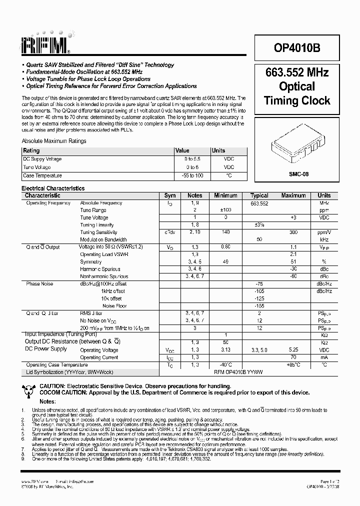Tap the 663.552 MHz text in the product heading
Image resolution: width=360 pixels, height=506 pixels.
[x=297, y=72]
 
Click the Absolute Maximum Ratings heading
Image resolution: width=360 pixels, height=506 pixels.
[x=54, y=141]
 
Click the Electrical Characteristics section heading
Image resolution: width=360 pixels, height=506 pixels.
[x=53, y=188]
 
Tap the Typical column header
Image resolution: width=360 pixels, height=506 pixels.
[x=259, y=195]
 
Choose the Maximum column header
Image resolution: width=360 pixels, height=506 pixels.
[x=293, y=195]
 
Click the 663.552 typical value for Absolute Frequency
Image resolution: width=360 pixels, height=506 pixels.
[x=259, y=203]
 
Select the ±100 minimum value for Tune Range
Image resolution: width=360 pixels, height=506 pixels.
[x=225, y=210]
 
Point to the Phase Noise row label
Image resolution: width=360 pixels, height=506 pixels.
[x=40, y=284]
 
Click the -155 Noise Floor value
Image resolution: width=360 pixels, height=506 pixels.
[x=259, y=305]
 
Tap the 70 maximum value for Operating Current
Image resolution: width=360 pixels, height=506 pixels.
[x=293, y=357]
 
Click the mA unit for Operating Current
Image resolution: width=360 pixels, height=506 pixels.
[x=324, y=357]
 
